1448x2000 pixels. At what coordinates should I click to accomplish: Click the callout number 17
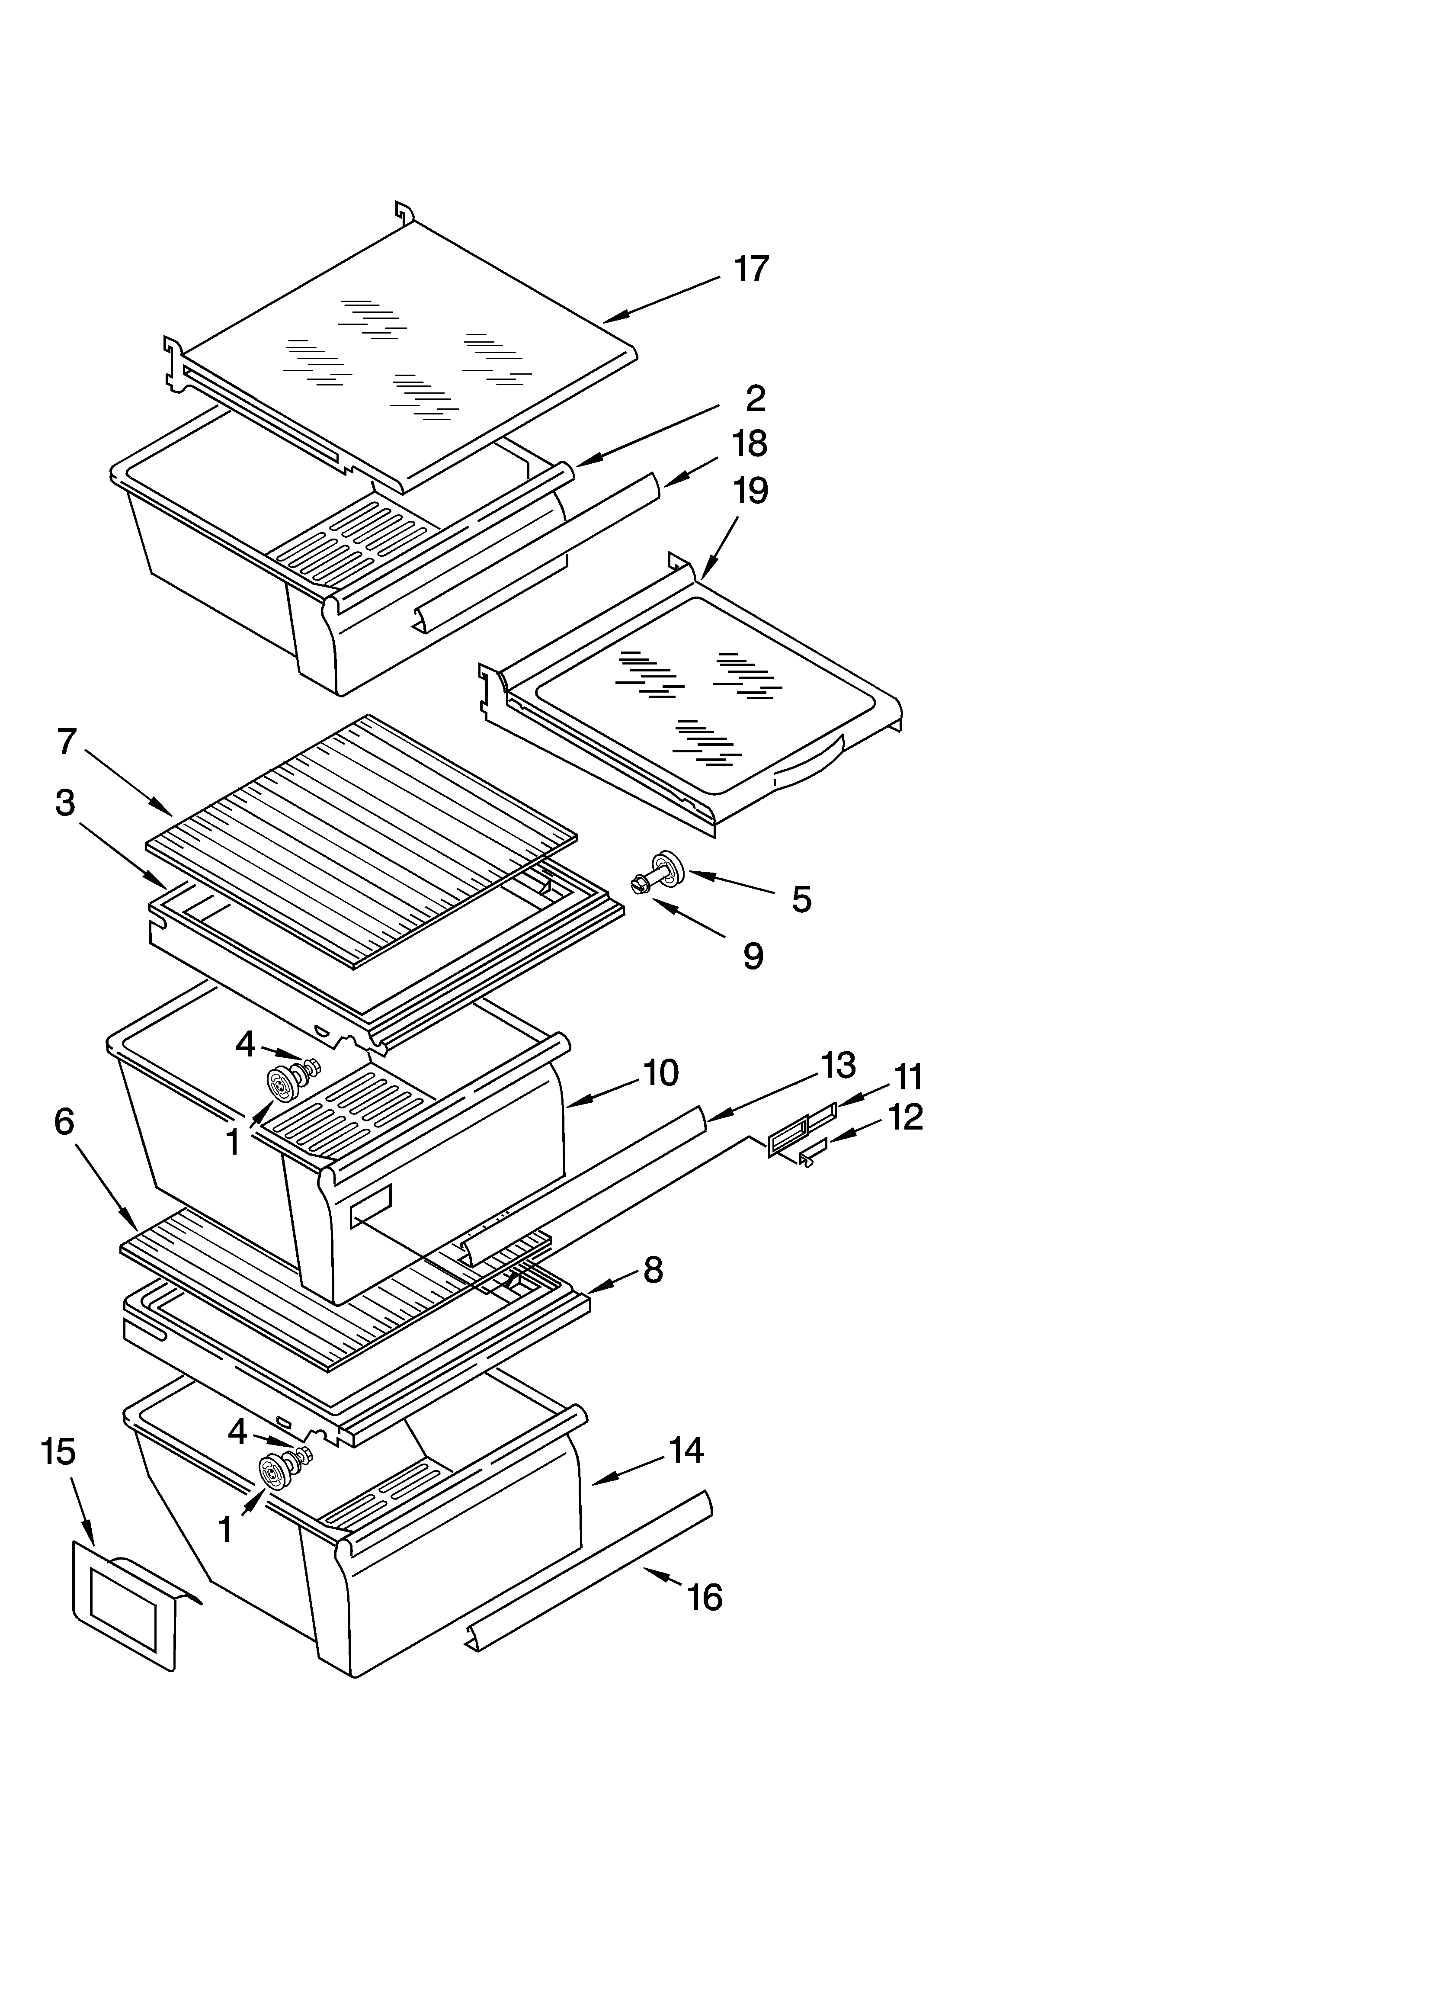point(751,269)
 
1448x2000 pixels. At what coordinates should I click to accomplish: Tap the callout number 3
point(65,803)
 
